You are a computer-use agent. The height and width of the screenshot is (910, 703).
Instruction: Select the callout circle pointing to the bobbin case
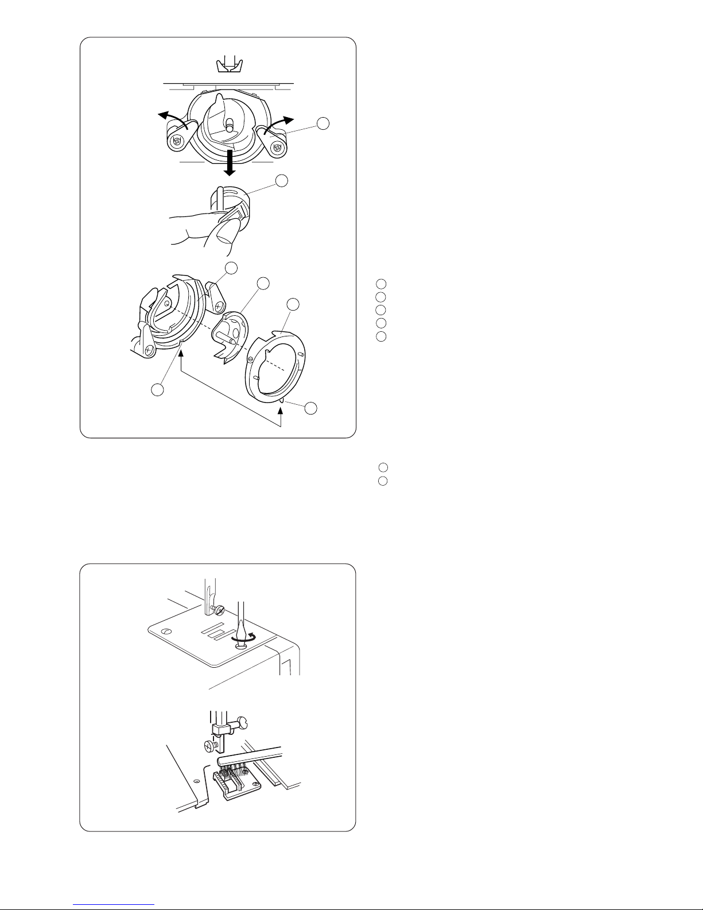pyautogui.click(x=282, y=181)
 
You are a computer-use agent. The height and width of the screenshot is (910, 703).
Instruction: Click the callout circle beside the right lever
pyautogui.click(x=324, y=123)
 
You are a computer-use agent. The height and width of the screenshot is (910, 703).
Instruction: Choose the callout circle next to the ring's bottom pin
pyautogui.click(x=310, y=408)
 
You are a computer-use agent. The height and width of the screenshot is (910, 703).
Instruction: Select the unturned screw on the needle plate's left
pyautogui.click(x=166, y=633)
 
